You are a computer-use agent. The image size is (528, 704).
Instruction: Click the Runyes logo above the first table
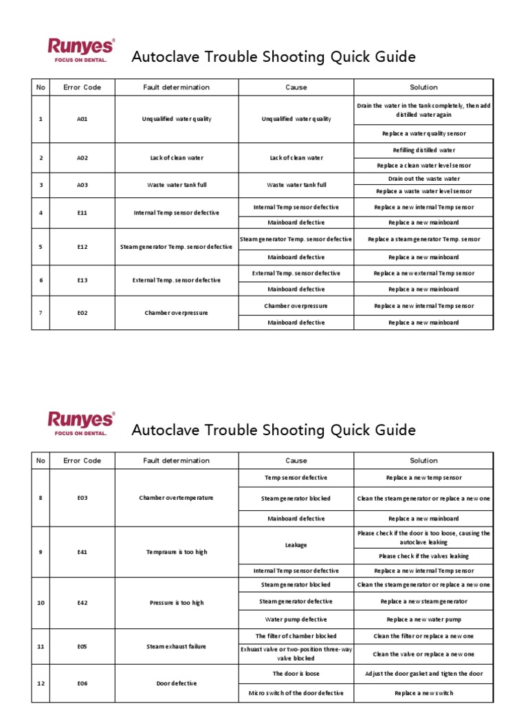pyautogui.click(x=81, y=51)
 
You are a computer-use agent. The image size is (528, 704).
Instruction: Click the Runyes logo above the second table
pyautogui.click(x=81, y=423)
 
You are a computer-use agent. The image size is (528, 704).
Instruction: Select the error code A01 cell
pyautogui.click(x=82, y=119)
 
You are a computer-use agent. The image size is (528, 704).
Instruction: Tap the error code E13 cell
pyautogui.click(x=82, y=280)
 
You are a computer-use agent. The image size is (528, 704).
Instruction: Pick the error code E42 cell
pyautogui.click(x=82, y=602)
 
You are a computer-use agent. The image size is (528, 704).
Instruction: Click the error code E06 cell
pyautogui.click(x=82, y=683)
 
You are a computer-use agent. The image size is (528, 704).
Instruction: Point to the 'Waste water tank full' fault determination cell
pyautogui.click(x=177, y=185)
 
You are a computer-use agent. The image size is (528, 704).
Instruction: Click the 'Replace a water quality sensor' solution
pyautogui.click(x=423, y=134)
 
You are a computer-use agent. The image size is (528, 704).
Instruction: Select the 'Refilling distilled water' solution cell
pyautogui.click(x=423, y=150)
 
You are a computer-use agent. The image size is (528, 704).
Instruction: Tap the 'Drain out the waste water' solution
pyautogui.click(x=423, y=178)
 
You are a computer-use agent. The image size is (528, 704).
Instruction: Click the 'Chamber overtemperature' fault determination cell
pyautogui.click(x=177, y=498)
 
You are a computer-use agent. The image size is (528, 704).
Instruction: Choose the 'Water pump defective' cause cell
pyautogui.click(x=296, y=619)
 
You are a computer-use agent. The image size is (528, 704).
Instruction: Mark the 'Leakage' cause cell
pyautogui.click(x=296, y=544)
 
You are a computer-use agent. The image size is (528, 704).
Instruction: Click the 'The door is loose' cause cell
pyautogui.click(x=296, y=674)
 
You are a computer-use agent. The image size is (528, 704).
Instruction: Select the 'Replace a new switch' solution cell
pyautogui.click(x=423, y=693)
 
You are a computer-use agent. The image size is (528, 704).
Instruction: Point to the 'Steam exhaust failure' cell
pyautogui.click(x=177, y=646)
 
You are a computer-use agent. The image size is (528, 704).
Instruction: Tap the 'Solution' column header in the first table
pyautogui.click(x=423, y=87)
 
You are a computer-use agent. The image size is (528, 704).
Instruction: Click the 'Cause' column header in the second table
pyautogui.click(x=296, y=461)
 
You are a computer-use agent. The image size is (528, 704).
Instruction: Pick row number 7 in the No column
pyautogui.click(x=41, y=313)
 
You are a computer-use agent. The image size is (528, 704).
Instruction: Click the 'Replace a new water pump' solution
pyautogui.click(x=423, y=619)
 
